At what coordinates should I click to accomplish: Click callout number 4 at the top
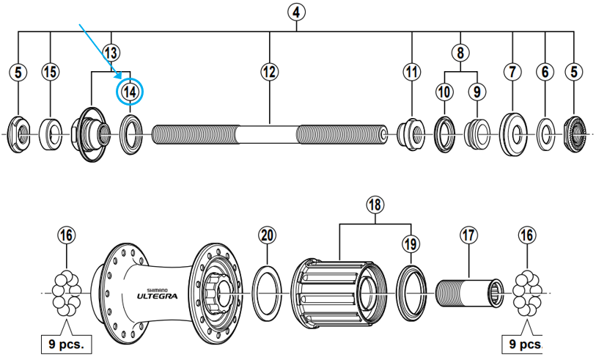297,12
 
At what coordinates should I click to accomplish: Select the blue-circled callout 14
130,92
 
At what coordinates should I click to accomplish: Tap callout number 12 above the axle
270,72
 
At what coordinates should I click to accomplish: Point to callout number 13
111,53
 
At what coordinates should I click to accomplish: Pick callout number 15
50,72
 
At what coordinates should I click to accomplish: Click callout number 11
412,72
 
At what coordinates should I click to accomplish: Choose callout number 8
460,53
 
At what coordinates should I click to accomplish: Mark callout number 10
444,92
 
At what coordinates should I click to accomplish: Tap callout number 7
511,72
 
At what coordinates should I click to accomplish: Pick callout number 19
411,243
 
